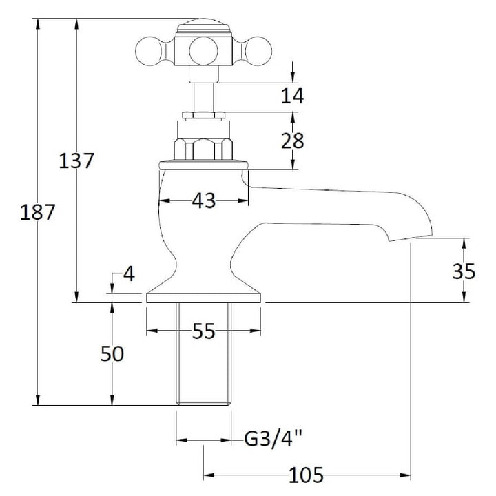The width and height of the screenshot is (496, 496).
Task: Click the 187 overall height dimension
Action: click(37, 212)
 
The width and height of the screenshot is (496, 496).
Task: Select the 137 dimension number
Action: click(76, 161)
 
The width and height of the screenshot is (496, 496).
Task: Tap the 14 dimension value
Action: click(292, 96)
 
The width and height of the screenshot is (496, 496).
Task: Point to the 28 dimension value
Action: click(292, 141)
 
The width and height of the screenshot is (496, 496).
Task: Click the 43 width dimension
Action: click(204, 200)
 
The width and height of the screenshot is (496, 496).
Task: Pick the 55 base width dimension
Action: click(204, 331)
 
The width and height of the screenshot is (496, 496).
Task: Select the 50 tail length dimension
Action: click(112, 353)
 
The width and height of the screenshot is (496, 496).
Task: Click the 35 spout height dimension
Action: click(464, 271)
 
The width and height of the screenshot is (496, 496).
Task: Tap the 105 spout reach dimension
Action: click(306, 475)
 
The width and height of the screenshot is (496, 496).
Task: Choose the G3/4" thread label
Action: click(273, 439)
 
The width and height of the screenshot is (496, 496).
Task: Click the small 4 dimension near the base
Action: click(129, 274)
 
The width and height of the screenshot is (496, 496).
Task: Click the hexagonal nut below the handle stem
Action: click(204, 149)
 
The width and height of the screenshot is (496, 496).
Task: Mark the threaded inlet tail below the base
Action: click(204, 354)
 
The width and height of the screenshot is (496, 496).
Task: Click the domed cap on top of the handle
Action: click(204, 27)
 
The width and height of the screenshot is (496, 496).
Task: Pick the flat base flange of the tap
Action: click(204, 298)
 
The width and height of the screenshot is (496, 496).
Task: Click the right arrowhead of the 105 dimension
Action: click(406, 475)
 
